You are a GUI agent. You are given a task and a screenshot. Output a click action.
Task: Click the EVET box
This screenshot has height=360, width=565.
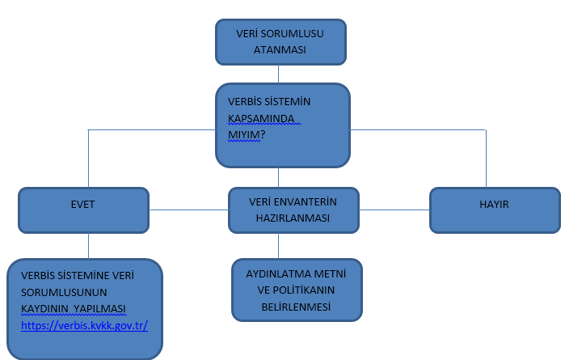click(x=83, y=210)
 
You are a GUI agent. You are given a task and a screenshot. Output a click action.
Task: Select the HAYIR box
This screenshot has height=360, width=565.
click(x=495, y=210)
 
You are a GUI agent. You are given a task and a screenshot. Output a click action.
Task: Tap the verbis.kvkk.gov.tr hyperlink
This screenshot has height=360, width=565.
click(x=84, y=325)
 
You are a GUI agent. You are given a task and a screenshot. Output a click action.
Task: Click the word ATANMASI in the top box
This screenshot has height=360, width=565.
click(x=280, y=50)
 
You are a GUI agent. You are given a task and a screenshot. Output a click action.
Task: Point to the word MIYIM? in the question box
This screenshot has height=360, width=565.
click(x=247, y=135)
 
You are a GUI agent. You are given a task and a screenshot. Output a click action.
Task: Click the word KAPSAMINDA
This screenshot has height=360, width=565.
click(x=261, y=118)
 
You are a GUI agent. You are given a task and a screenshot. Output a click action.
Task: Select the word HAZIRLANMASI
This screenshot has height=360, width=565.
click(x=293, y=218)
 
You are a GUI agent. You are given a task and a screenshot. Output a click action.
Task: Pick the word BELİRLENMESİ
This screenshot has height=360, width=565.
click(x=296, y=307)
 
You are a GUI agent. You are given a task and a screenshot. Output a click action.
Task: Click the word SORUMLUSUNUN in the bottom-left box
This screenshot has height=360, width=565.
click(x=64, y=292)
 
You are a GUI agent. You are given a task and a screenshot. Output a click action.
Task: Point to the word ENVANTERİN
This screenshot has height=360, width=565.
click(x=306, y=202)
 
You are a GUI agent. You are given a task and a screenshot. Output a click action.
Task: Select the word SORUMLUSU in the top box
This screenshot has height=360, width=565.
click(x=293, y=33)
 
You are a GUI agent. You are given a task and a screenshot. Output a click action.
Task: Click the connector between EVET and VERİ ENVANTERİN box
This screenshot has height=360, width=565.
click(x=189, y=210)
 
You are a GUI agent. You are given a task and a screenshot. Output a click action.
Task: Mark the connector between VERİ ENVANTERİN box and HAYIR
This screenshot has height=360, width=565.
click(x=394, y=210)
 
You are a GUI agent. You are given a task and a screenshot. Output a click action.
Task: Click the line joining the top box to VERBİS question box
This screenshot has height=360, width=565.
click(x=279, y=74)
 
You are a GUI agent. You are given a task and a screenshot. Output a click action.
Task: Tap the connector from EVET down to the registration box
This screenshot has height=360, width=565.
click(x=89, y=246)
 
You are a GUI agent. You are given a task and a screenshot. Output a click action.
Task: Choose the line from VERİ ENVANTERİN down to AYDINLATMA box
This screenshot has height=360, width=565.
click(x=279, y=246)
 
